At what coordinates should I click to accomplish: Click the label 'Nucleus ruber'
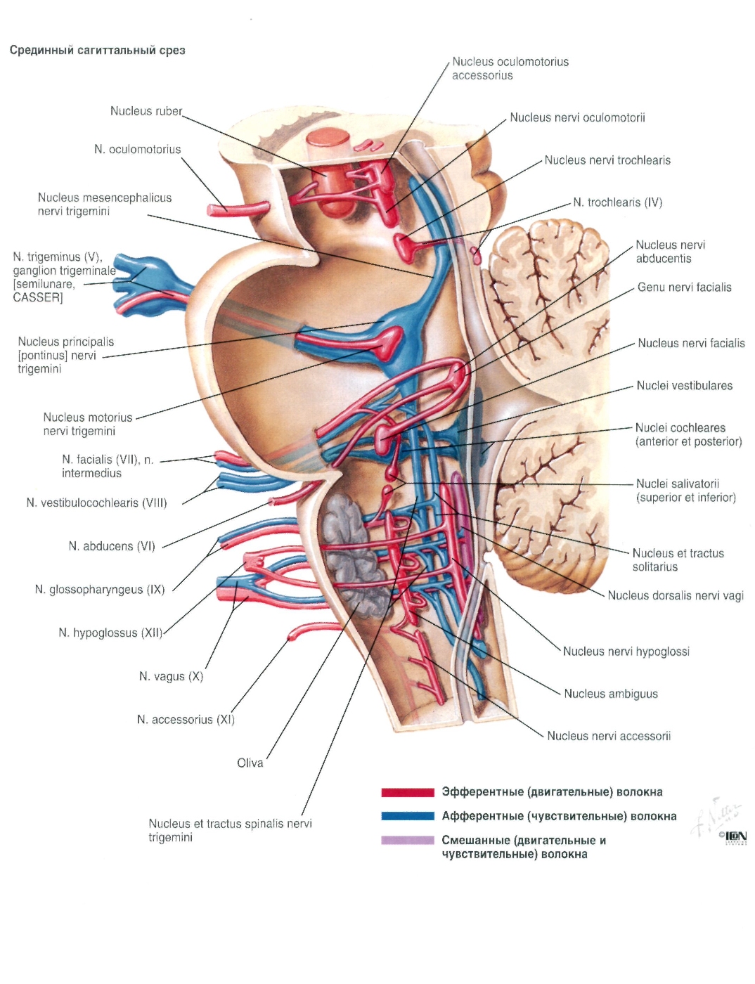146,111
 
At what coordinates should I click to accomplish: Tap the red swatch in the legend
407,792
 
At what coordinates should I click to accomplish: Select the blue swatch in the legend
407,815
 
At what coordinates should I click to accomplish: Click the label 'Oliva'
250,763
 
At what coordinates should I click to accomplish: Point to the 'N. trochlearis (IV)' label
617,202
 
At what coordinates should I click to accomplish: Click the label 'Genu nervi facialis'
684,287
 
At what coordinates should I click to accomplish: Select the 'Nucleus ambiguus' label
610,694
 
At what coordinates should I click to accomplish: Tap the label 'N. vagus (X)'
171,677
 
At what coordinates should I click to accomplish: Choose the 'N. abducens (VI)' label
112,546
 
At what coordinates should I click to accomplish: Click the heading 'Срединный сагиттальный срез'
98,50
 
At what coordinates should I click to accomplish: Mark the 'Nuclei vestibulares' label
684,385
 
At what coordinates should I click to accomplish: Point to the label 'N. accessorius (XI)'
186,720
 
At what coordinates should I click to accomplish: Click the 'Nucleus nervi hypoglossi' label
626,651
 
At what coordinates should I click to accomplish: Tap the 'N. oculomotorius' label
137,149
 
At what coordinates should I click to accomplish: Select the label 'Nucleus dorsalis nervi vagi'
676,595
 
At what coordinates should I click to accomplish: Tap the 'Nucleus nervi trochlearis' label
607,160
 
